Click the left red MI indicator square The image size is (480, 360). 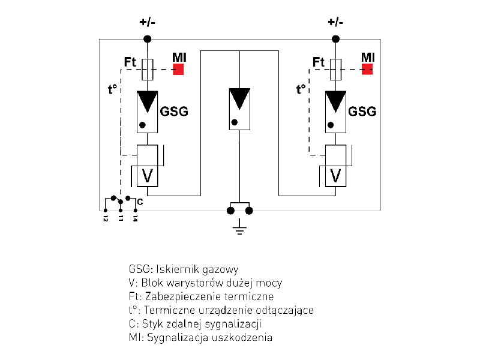click(x=178, y=69)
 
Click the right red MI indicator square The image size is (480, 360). click(x=367, y=69)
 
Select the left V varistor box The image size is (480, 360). click(x=147, y=176)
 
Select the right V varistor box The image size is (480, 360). click(x=336, y=176)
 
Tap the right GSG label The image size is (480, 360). click(x=362, y=112)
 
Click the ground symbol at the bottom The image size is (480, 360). click(x=239, y=227)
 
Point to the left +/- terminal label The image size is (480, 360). click(x=147, y=22)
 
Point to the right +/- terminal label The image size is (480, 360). click(x=336, y=22)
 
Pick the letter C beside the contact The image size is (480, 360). click(x=140, y=202)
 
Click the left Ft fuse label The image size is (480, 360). click(x=131, y=62)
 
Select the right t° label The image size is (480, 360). click(x=301, y=91)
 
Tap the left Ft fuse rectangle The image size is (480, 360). click(x=147, y=69)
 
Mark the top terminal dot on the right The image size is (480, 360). click(x=336, y=39)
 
